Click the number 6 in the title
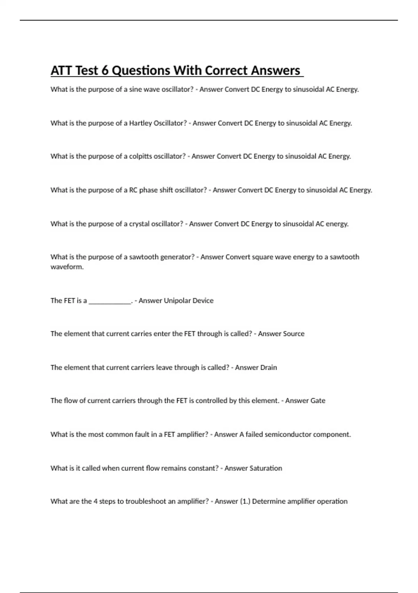(105, 71)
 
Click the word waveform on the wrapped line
(67, 267)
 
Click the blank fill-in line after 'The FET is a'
(110, 301)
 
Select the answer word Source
(294, 334)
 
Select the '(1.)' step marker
(245, 502)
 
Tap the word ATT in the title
(62, 71)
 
